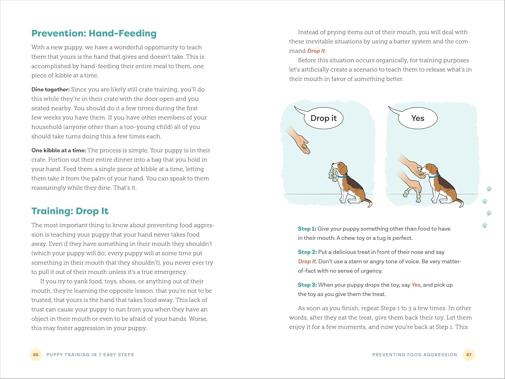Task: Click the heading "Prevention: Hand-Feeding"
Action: pos(94,33)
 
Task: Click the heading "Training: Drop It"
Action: pos(70,211)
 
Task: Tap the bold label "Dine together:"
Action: pos(50,89)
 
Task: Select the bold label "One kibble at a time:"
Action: pos(59,150)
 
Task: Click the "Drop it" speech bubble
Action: pos(323,118)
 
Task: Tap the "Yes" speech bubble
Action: pos(417,118)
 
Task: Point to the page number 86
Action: pos(36,355)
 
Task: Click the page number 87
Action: pos(469,355)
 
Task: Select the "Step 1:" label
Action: pos(307,229)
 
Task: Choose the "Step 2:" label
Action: pos(307,252)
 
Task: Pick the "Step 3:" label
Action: pos(307,285)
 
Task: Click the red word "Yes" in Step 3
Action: pos(416,285)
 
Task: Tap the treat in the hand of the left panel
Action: pos(305,147)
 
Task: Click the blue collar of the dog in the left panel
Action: pos(343,176)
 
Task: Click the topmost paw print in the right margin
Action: pos(489,189)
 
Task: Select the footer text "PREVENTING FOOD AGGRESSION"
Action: pos(415,355)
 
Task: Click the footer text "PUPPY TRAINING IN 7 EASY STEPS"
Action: pos(90,355)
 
